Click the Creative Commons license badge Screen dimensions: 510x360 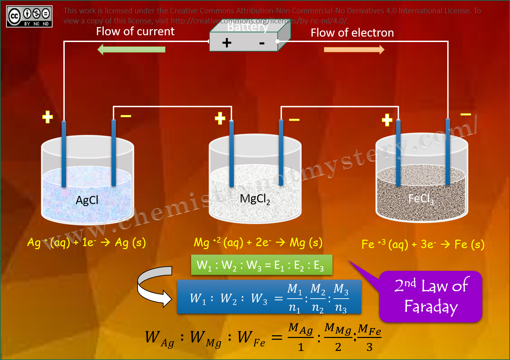pos(29,16)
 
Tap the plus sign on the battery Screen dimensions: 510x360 pos(227,43)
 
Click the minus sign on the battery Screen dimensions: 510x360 pos(262,43)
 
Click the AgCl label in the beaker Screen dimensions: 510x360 pos(87,200)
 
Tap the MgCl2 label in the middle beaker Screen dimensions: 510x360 pos(255,199)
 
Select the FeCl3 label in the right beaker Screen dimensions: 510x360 pos(421,199)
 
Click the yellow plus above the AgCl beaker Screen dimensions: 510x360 pos(47,117)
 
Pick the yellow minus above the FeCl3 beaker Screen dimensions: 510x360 pos(466,115)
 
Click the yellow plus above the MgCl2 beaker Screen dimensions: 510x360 pos(220,118)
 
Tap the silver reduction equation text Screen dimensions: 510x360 pos(86,243)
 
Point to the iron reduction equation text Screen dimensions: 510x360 pos(423,244)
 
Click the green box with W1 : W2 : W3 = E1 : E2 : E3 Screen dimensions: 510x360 pos(262,265)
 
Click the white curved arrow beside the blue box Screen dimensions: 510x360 pos(155,286)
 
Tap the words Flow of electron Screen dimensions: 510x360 pos(352,33)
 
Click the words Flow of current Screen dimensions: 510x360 pos(135,32)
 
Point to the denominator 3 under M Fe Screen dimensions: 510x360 pos(369,347)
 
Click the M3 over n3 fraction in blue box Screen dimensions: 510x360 pos(341,298)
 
